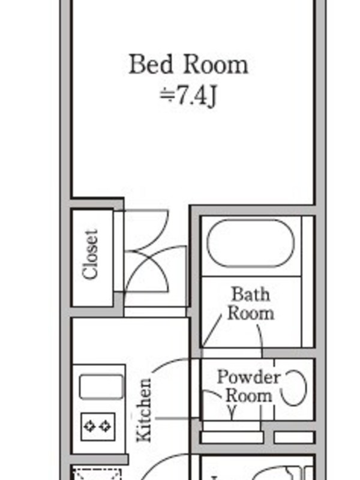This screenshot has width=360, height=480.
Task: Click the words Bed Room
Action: pos(188,64)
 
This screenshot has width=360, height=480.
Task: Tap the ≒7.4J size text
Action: pos(188,96)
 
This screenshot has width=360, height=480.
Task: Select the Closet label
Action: pos(91,254)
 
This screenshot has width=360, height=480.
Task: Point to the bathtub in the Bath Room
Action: pos(250,243)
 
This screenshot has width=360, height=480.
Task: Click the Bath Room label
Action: pos(251,304)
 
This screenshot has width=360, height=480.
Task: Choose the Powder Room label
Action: pos(248,386)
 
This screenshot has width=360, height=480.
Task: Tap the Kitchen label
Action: pos(144,410)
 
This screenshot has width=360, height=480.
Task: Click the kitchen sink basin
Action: pos(101,387)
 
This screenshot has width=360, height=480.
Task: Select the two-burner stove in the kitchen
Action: pos(98,427)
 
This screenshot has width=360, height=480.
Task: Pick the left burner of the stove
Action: pos(89,427)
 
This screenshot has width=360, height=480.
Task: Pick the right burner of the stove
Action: pos(106,427)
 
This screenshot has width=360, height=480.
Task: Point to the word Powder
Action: pos(248,377)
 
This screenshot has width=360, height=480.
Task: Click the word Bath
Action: pos(251,294)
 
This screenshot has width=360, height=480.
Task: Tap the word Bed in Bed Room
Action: pos(151,64)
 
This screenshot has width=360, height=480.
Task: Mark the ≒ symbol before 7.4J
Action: pos(167,95)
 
